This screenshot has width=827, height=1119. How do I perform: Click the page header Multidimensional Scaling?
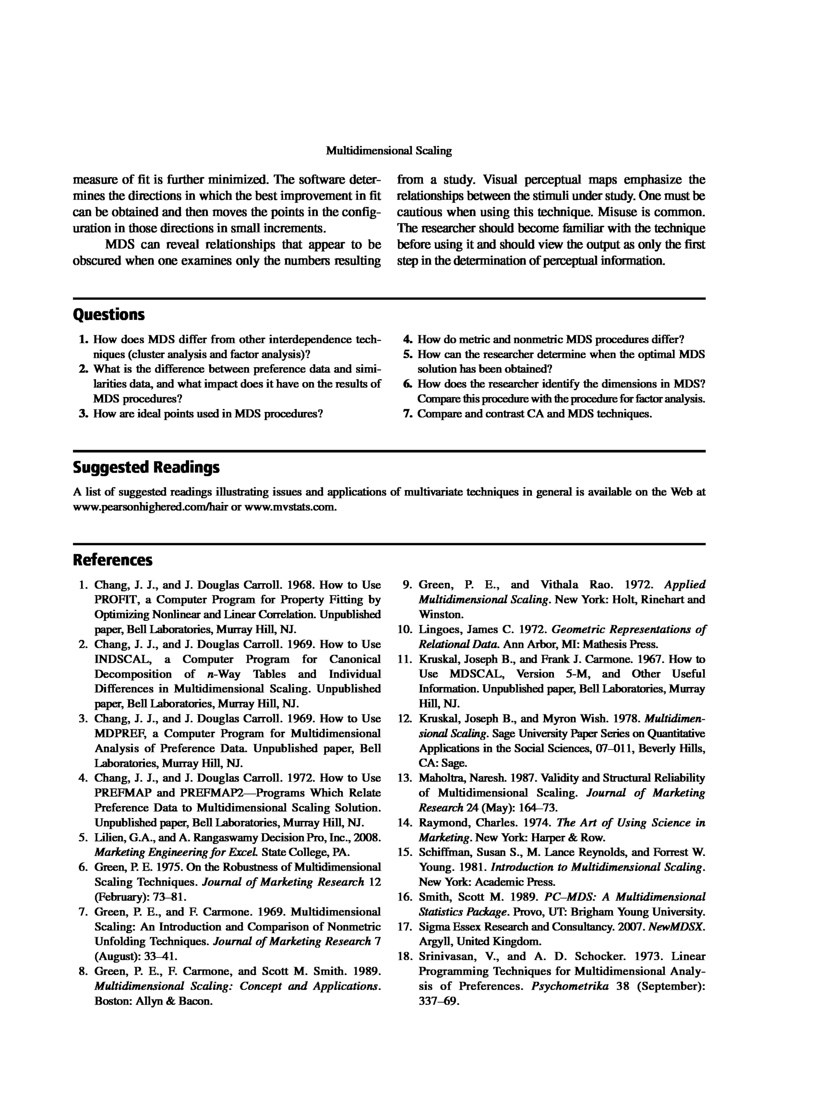click(388, 151)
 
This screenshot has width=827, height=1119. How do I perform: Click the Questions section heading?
click(109, 315)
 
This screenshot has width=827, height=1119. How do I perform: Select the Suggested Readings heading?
click(146, 467)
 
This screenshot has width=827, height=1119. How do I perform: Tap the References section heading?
click(113, 560)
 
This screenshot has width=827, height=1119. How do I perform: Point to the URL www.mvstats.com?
click(290, 507)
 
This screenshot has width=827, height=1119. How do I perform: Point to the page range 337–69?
click(439, 1001)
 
